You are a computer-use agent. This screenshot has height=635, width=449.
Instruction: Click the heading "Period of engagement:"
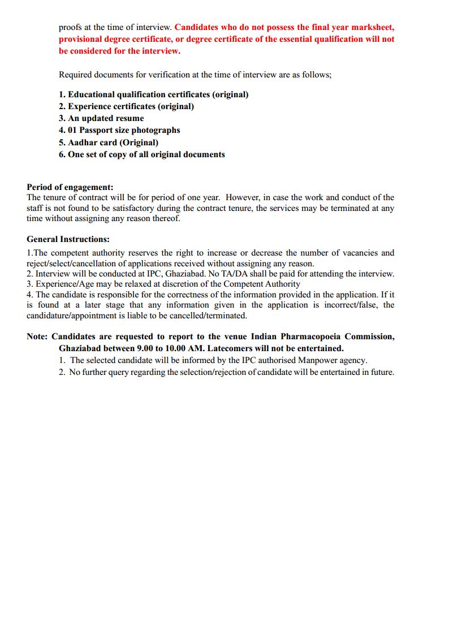(x=70, y=187)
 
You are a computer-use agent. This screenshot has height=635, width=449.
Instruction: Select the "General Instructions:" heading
(x=68, y=239)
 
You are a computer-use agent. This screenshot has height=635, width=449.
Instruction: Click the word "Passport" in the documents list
(x=107, y=130)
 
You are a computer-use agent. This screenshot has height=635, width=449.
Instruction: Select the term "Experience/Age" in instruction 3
(x=63, y=284)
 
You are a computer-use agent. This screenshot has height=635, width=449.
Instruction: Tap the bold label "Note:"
(x=38, y=336)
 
